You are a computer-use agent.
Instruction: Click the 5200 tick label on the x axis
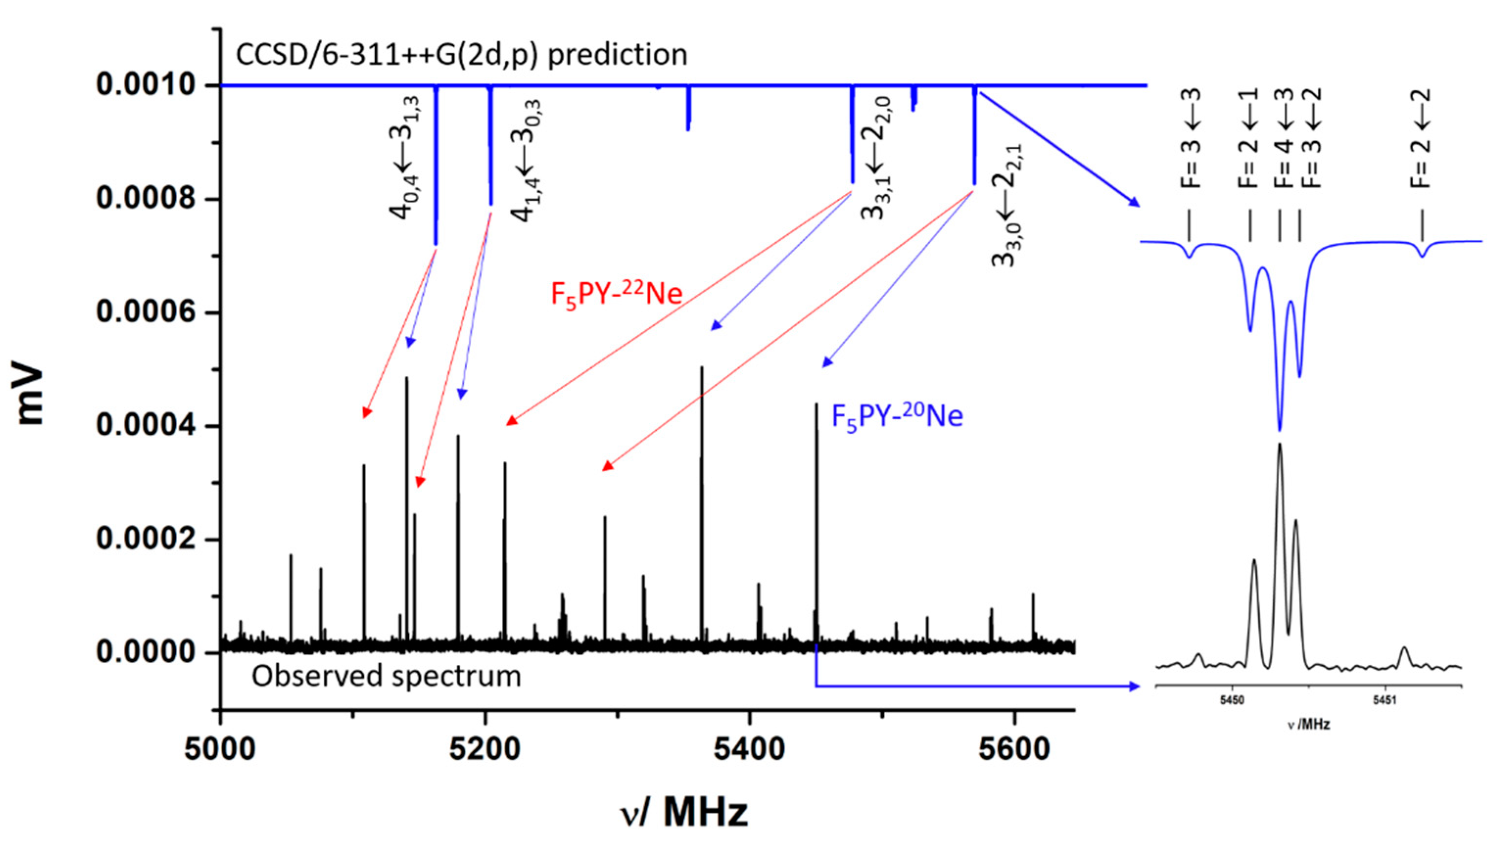tap(484, 750)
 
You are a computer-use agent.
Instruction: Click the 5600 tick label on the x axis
tap(1014, 750)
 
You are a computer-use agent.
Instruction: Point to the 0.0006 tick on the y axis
tap(214, 312)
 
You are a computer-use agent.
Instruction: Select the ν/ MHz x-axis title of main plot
tap(684, 812)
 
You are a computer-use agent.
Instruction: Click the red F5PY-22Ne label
tap(616, 294)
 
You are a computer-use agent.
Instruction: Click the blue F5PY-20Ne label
tap(897, 416)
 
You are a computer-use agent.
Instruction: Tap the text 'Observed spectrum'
tap(386, 676)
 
